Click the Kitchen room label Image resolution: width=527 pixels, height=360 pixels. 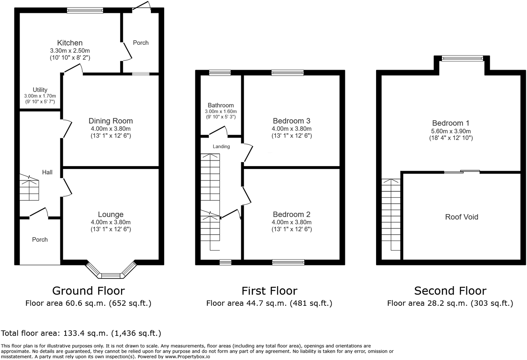click(70, 43)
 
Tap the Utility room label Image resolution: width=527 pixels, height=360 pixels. click(40, 90)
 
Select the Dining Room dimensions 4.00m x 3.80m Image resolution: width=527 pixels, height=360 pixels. click(111, 129)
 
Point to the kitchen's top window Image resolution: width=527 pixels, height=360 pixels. click(85, 10)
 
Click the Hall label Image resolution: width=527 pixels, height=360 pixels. click(47, 172)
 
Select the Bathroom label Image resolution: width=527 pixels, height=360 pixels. click(221, 105)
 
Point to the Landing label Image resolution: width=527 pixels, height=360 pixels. click(221, 147)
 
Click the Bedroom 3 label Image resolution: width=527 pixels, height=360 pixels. click(291, 121)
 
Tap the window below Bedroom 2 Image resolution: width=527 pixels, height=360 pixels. click(288, 262)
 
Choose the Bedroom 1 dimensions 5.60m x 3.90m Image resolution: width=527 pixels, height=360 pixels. click(451, 131)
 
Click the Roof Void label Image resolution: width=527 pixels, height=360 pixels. click(462, 217)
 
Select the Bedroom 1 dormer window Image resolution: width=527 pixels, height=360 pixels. click(462, 58)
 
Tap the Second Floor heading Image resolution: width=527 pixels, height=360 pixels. click(450, 291)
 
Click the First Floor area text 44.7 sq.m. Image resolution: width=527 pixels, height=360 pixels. click(269, 303)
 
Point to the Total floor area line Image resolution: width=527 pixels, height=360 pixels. click(81, 333)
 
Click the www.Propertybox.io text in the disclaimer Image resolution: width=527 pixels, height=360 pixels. click(187, 357)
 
